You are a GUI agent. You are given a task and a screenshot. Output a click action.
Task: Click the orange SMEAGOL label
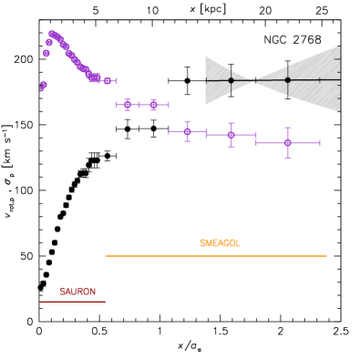point(220,243)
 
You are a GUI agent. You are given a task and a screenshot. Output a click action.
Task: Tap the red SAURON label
point(77,292)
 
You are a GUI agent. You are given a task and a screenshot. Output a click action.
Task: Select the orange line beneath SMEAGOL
point(215,256)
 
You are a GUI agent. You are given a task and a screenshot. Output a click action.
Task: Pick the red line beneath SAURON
point(73,301)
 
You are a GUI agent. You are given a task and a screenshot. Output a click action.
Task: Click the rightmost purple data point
point(287,142)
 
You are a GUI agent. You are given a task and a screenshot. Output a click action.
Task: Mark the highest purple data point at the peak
point(52,34)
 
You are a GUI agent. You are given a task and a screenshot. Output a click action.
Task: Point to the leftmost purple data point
point(42,87)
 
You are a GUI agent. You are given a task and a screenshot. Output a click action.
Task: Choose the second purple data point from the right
point(231,135)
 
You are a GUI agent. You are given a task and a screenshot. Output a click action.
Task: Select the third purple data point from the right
point(187,131)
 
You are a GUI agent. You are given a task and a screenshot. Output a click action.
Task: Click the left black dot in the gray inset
point(231,80)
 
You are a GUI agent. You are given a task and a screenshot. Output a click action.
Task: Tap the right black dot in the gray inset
point(287,80)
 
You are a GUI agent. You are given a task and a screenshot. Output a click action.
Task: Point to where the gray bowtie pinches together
point(254,80)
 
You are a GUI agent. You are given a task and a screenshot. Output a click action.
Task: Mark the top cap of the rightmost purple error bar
point(287,128)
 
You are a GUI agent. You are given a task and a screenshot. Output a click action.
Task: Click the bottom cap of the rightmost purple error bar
point(287,158)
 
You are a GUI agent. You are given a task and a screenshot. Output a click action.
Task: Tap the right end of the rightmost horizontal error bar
point(320,142)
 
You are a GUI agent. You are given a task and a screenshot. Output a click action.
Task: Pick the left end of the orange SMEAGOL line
point(106,256)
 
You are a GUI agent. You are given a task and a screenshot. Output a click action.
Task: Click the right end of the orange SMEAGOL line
point(326,256)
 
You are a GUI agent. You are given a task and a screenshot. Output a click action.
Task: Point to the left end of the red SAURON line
point(40,301)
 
